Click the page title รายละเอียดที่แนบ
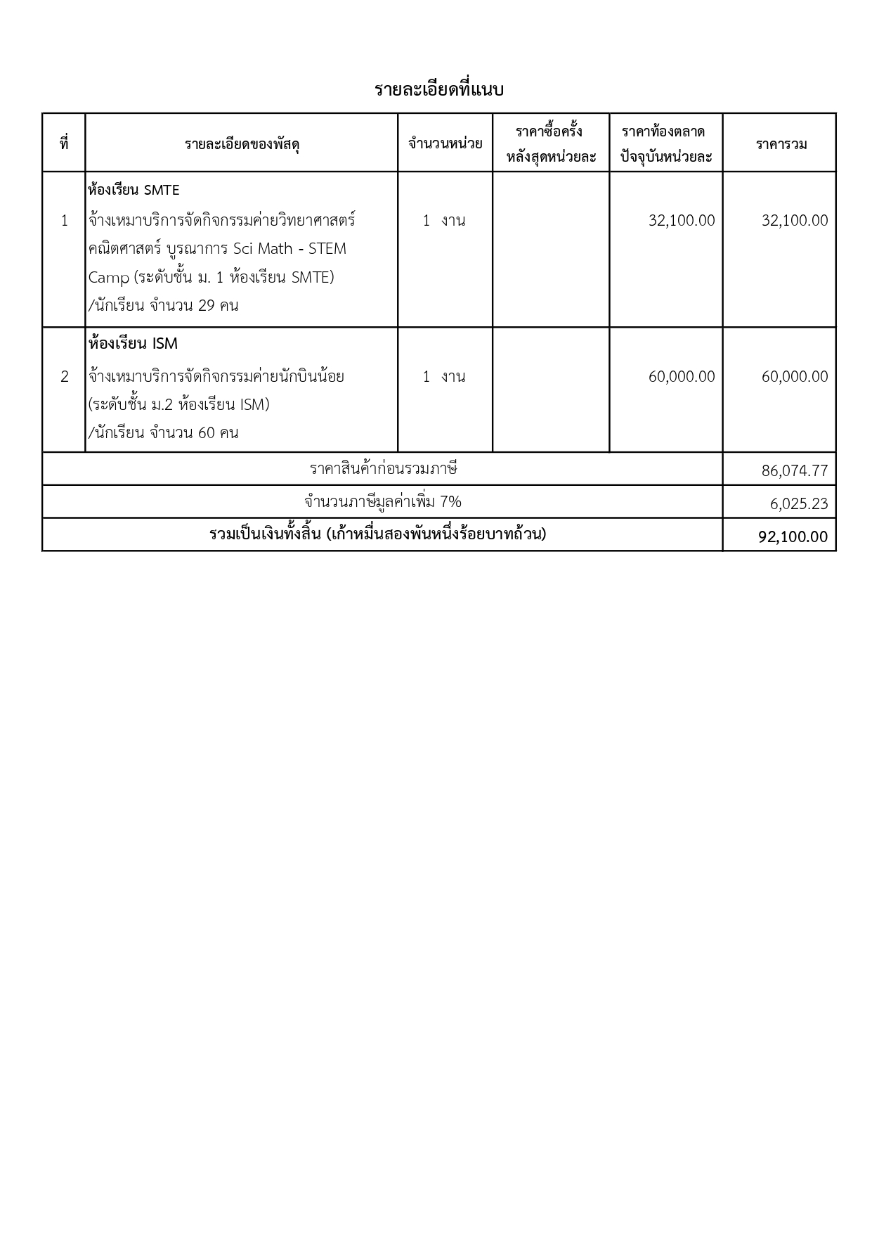point(439,90)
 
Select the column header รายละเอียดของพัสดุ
point(242,144)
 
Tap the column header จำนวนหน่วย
point(445,144)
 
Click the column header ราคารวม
point(781,144)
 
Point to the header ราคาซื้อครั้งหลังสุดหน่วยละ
point(551,144)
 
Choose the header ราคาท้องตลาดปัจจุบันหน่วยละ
point(665,144)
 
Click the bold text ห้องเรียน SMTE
point(134,190)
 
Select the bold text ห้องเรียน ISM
point(134,344)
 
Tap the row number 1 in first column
point(65,221)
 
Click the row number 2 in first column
point(65,377)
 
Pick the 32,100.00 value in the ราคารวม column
point(795,221)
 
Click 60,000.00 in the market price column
point(682,377)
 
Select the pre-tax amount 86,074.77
point(795,470)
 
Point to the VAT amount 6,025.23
point(799,503)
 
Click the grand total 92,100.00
point(793,536)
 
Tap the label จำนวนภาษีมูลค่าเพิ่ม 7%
point(383,502)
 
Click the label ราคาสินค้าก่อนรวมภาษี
point(383,469)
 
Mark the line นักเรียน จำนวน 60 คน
point(165,432)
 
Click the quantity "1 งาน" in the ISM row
point(444,377)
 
